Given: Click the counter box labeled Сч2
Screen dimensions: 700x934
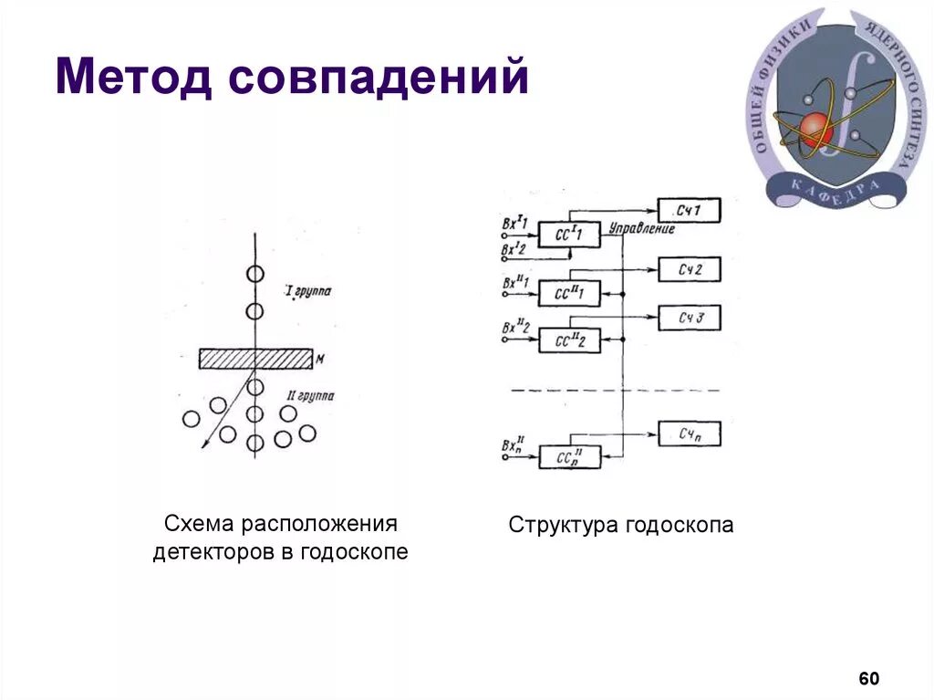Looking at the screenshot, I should [689, 269].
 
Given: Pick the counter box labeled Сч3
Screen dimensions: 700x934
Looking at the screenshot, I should [689, 318].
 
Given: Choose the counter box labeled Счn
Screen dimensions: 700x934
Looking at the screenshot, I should [689, 434].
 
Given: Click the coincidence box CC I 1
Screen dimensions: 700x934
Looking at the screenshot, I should [570, 235].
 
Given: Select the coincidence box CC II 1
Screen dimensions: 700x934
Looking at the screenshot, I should [570, 293].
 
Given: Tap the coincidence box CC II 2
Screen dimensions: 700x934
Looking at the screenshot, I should [570, 341].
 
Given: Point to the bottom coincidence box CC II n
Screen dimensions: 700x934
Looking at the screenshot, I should [570, 456].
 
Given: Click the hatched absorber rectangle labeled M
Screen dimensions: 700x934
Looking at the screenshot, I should [255, 358].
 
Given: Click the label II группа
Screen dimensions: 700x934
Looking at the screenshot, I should [310, 396].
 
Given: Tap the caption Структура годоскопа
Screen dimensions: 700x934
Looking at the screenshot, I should [620, 526].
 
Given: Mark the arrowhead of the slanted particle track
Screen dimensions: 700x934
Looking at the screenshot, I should [205, 444].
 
